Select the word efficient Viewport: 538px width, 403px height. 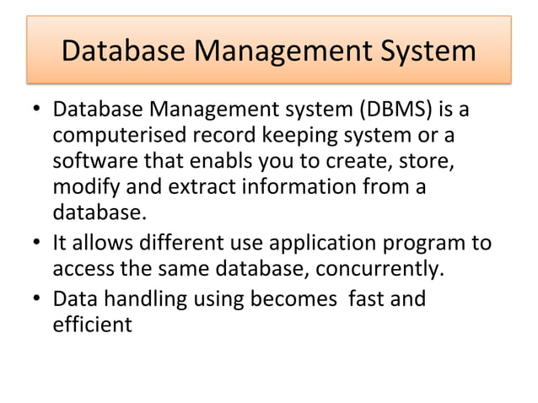point(92,324)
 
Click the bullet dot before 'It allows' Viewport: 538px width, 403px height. point(38,244)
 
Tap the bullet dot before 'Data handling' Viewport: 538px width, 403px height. point(38,300)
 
